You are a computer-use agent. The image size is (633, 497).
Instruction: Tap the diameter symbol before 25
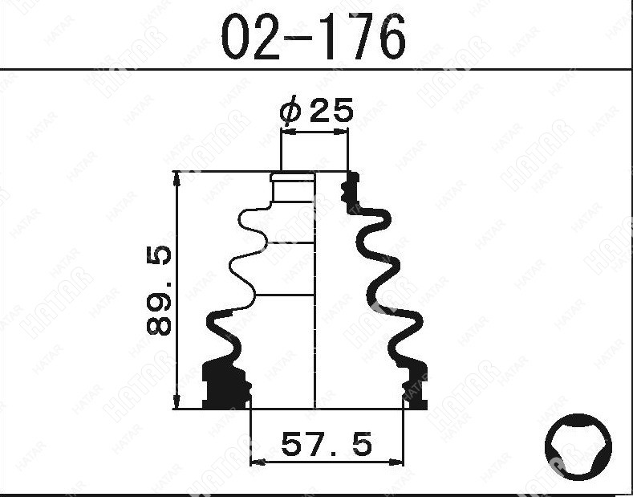coord(290,109)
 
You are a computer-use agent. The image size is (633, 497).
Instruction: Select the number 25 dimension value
coord(331,110)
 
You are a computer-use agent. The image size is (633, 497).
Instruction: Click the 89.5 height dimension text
coord(159,290)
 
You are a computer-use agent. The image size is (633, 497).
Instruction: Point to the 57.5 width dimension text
coord(327,444)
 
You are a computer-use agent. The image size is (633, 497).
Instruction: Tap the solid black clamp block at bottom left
coord(225,385)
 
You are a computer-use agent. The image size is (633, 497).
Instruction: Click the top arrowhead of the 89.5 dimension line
coord(177,178)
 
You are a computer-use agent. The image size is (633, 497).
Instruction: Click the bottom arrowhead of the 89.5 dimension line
coord(177,402)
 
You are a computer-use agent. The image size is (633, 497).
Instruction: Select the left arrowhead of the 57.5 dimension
coord(258,462)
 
